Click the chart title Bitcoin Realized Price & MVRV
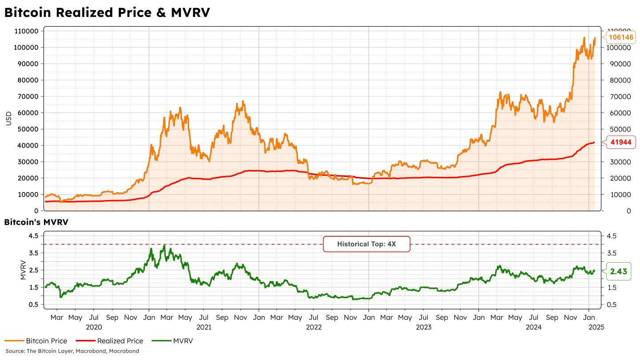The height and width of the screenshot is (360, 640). point(107,13)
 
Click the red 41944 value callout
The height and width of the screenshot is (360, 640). point(620,142)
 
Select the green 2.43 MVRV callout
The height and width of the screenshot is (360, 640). point(618,271)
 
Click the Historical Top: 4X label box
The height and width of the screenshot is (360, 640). point(366,244)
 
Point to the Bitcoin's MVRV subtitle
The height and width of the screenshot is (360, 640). point(36,222)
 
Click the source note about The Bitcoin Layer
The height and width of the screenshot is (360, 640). point(72,351)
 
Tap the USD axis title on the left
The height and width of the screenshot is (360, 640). point(8,119)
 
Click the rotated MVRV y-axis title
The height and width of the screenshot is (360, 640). point(23,270)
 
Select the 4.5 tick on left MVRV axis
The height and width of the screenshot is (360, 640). point(33,236)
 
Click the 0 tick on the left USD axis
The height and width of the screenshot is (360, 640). point(36,211)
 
